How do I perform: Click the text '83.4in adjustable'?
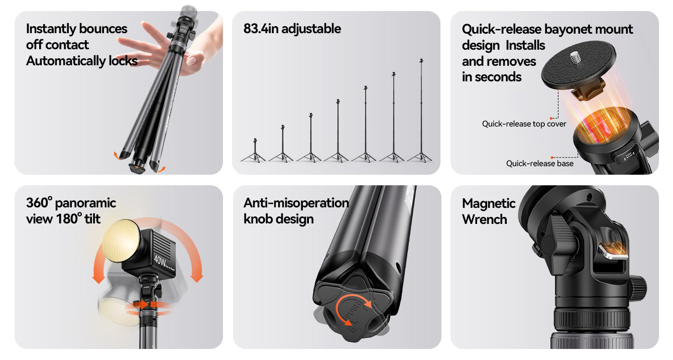pyautogui.click(x=292, y=29)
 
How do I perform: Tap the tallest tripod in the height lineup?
pyautogui.click(x=421, y=110)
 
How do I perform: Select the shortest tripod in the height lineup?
pyautogui.click(x=254, y=151)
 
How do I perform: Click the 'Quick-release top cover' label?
pyautogui.click(x=524, y=124)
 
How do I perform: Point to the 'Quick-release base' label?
pyautogui.click(x=539, y=163)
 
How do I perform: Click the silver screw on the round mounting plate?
pyautogui.click(x=576, y=57)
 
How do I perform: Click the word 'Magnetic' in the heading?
pyautogui.click(x=489, y=203)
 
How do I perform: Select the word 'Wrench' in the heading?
pyautogui.click(x=484, y=219)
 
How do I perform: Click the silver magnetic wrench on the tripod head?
pyautogui.click(x=613, y=252)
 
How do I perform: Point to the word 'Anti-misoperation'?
pyautogui.click(x=296, y=203)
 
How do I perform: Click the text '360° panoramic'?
pyautogui.click(x=71, y=203)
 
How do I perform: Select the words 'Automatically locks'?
pyautogui.click(x=82, y=61)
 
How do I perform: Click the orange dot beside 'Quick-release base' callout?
pyautogui.click(x=552, y=158)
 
